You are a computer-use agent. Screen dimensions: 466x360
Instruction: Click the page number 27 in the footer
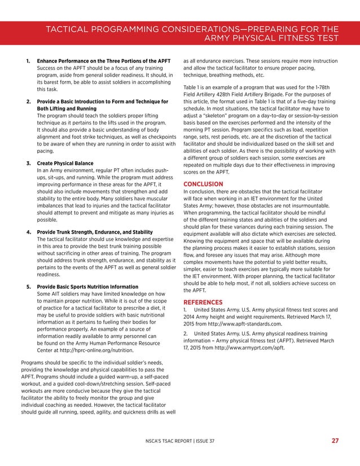(335, 441)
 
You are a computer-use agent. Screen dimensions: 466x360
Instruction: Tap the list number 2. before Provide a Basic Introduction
(28, 101)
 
